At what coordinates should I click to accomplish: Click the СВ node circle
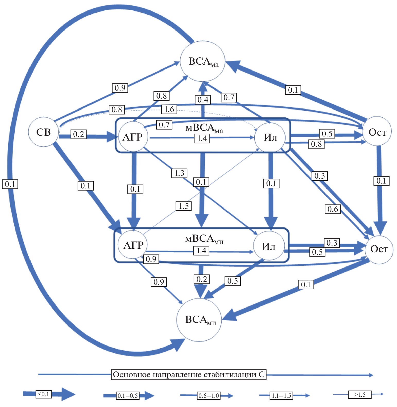click(x=43, y=132)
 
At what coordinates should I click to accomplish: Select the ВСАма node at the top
click(x=203, y=62)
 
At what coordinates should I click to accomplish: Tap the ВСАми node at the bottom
click(x=199, y=320)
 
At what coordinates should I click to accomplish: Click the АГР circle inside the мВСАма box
click(x=133, y=136)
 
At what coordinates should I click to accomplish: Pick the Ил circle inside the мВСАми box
click(x=269, y=246)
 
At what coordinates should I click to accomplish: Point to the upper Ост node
click(x=377, y=132)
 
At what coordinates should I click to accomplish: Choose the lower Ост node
click(x=379, y=249)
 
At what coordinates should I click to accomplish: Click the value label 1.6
click(x=169, y=109)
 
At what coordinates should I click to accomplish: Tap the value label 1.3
click(x=179, y=173)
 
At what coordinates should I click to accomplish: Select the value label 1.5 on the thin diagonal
click(x=184, y=206)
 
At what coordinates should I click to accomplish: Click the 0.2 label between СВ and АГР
click(x=79, y=134)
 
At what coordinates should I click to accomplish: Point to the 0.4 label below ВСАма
click(x=203, y=100)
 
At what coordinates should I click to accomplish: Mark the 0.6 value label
click(x=333, y=209)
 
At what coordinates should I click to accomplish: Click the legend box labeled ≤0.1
click(x=44, y=394)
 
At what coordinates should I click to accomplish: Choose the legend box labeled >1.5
click(x=360, y=395)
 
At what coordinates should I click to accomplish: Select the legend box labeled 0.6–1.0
click(x=209, y=396)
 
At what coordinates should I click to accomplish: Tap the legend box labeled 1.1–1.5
click(x=281, y=396)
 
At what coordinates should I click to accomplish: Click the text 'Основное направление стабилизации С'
click(x=189, y=375)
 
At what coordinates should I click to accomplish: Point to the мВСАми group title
click(x=204, y=239)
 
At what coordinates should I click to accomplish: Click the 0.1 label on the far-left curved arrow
click(x=10, y=184)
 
